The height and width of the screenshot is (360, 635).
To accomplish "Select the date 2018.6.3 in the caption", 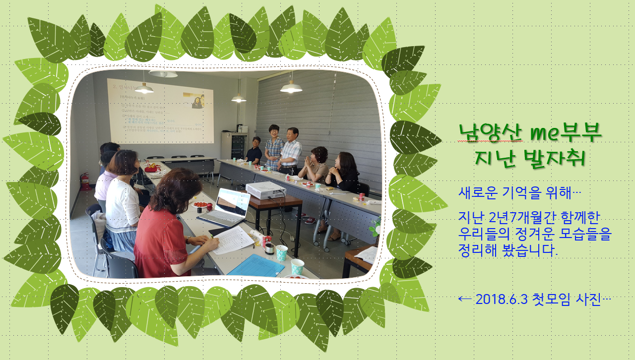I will [x=501, y=300].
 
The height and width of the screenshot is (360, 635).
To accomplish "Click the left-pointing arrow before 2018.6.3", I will [x=465, y=300].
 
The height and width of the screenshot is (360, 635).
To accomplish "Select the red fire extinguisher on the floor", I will [x=85, y=181].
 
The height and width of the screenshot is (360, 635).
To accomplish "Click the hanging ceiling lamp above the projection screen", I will [x=144, y=88].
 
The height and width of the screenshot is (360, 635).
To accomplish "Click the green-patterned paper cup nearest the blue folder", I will [x=297, y=267].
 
